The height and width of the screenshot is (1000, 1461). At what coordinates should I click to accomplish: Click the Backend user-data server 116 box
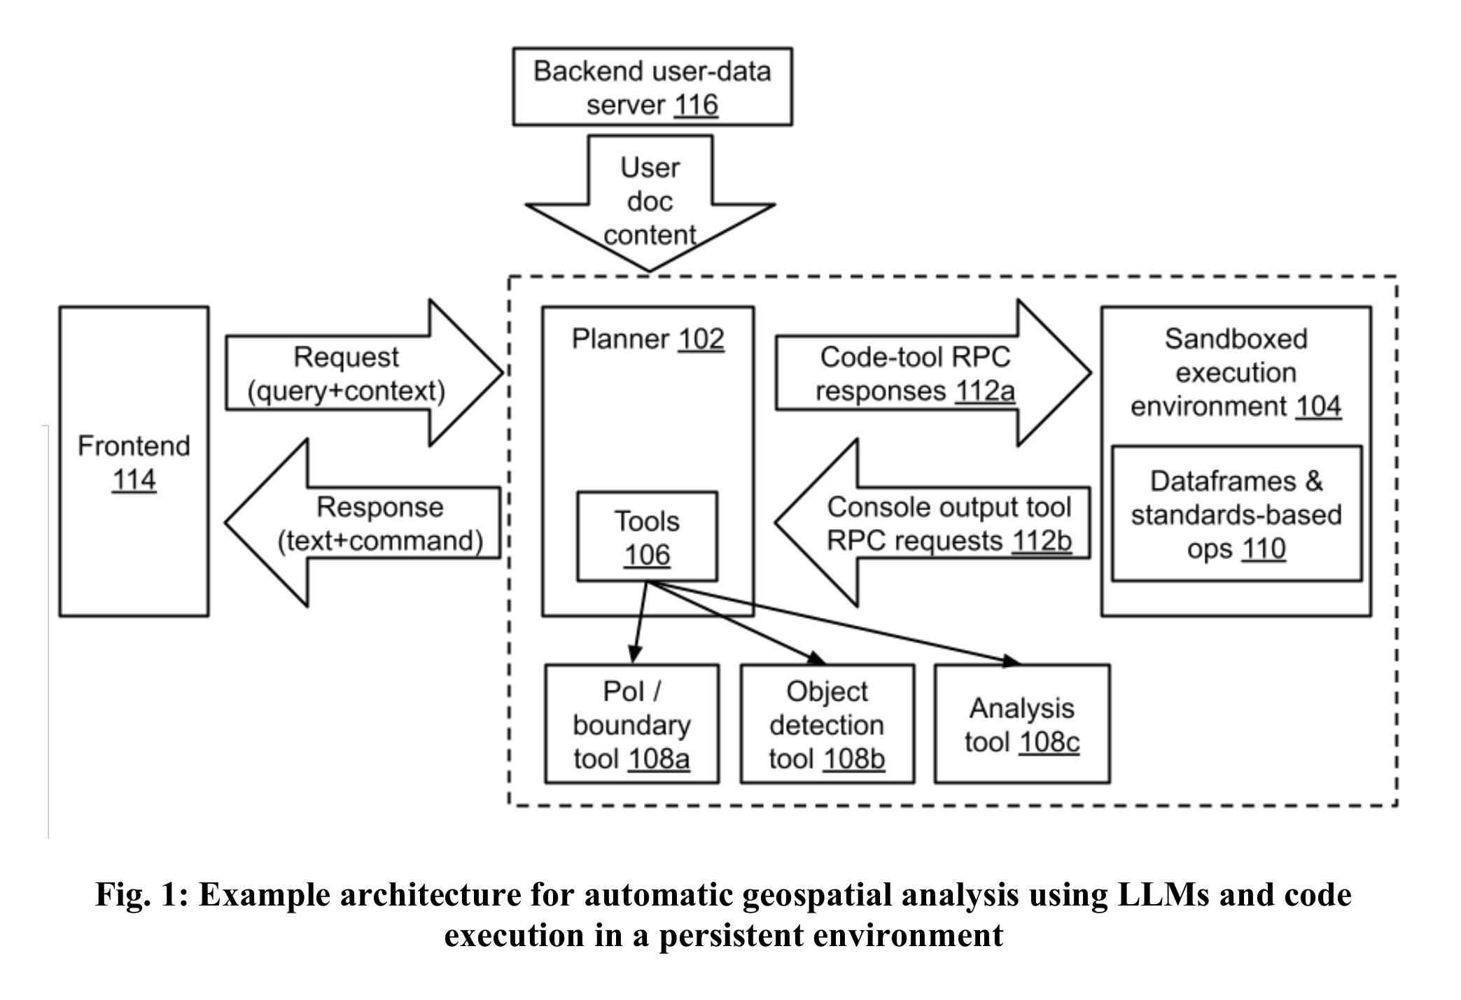pyautogui.click(x=652, y=87)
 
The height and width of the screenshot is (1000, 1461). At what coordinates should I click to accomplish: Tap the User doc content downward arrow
pyautogui.click(x=650, y=202)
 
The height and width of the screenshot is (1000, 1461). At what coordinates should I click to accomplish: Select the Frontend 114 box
pyautogui.click(x=134, y=461)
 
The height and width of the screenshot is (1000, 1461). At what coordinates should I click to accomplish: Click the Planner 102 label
pyautogui.click(x=648, y=339)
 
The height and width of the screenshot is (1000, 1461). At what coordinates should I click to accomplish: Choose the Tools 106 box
pyautogui.click(x=647, y=537)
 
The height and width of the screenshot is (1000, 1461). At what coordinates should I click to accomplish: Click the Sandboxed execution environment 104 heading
pyautogui.click(x=1236, y=372)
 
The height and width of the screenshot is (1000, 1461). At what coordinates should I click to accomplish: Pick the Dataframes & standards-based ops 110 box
pyautogui.click(x=1236, y=514)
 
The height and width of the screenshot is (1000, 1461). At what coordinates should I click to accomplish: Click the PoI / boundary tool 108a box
pyautogui.click(x=631, y=724)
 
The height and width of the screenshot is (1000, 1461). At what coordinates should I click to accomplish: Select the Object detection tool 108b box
pyautogui.click(x=827, y=724)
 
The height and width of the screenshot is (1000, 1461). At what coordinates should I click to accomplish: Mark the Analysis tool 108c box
pyautogui.click(x=1021, y=724)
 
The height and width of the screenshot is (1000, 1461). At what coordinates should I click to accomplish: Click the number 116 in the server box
pyautogui.click(x=696, y=106)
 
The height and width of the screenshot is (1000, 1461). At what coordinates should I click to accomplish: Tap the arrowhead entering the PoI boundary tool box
pyautogui.click(x=634, y=655)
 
